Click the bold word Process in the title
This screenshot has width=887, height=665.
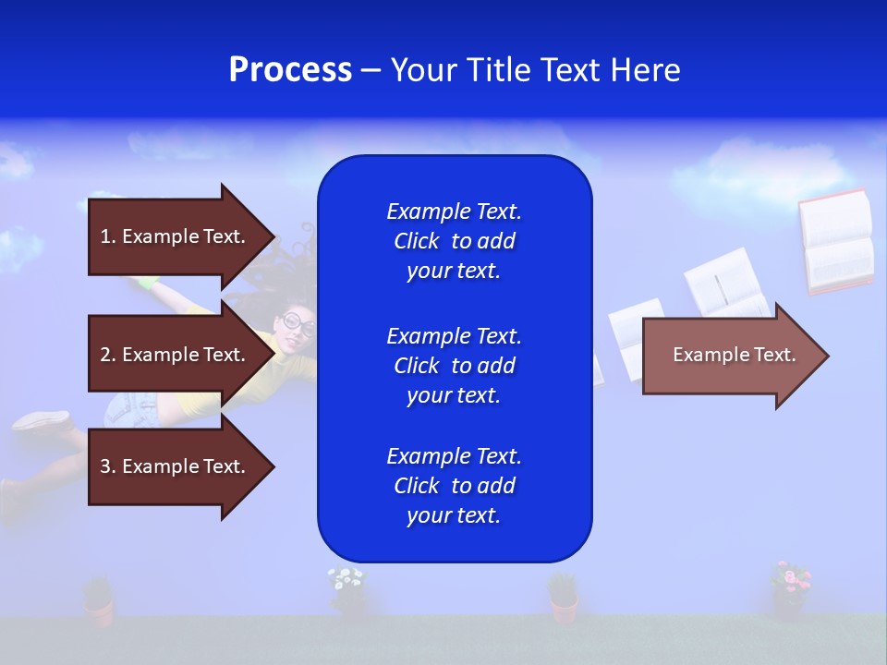coord(290,70)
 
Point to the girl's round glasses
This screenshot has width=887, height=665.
coord(298,324)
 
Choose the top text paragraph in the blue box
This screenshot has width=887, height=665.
coord(454,241)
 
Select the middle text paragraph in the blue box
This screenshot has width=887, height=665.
coord(454,366)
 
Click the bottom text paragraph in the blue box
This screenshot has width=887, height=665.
coord(454,486)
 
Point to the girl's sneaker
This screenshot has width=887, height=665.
coord(42,420)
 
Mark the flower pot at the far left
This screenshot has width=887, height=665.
coord(98,600)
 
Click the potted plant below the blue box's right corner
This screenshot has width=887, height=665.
coord(563,596)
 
